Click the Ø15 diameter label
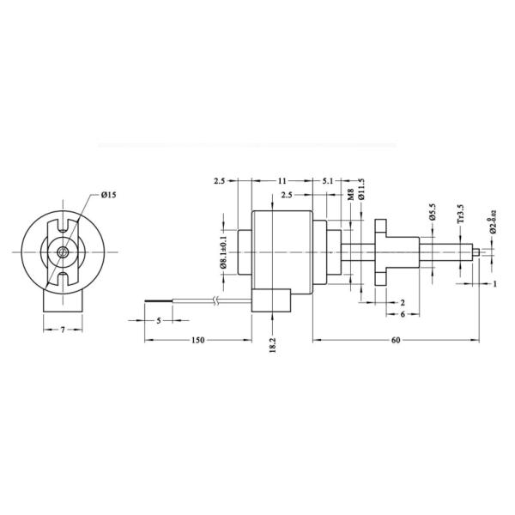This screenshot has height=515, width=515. (x=108, y=196)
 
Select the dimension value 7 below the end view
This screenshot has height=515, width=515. (x=64, y=330)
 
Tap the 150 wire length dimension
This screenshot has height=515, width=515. (x=197, y=341)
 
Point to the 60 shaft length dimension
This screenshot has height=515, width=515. (x=396, y=341)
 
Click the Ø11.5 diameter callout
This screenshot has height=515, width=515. (x=361, y=191)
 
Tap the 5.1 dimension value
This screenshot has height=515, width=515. (x=328, y=181)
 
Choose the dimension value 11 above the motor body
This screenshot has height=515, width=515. (x=282, y=181)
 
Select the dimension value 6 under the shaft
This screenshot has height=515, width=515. (x=403, y=315)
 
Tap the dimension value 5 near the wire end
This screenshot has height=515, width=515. (x=160, y=320)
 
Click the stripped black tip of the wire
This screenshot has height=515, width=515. (x=160, y=301)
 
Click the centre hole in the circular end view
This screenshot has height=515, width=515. (x=64, y=253)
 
